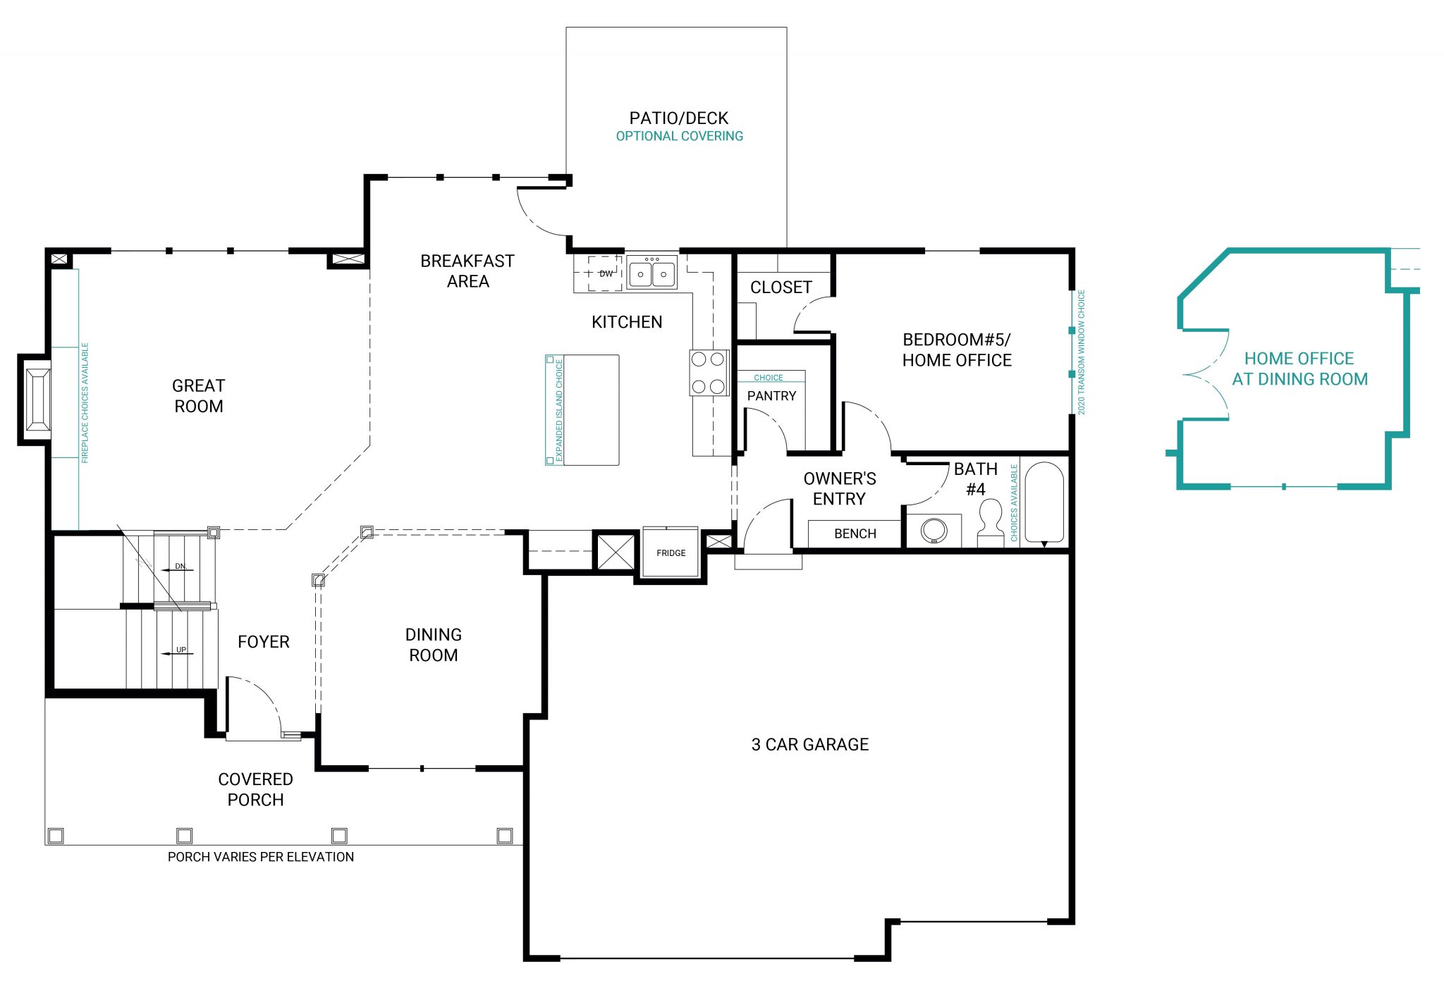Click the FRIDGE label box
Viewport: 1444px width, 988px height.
click(671, 552)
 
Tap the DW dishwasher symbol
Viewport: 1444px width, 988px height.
click(605, 273)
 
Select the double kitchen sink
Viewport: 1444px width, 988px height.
click(651, 273)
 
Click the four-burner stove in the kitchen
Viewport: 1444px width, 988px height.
click(708, 372)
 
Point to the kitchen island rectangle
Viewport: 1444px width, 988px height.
click(591, 409)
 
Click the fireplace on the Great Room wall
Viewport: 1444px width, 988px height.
click(37, 399)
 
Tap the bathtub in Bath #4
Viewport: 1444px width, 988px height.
click(1044, 501)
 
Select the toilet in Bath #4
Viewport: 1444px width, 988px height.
click(991, 521)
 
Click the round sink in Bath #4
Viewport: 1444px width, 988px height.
click(934, 530)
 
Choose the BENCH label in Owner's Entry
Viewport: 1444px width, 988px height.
click(855, 533)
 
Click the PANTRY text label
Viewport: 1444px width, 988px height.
click(771, 396)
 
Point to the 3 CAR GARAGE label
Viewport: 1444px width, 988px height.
click(809, 744)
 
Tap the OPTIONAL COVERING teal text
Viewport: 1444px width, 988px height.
click(679, 136)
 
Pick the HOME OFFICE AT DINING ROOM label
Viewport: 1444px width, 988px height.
click(1299, 369)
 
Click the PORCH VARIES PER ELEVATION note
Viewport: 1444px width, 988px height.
click(261, 857)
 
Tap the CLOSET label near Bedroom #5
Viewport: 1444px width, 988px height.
click(781, 288)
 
